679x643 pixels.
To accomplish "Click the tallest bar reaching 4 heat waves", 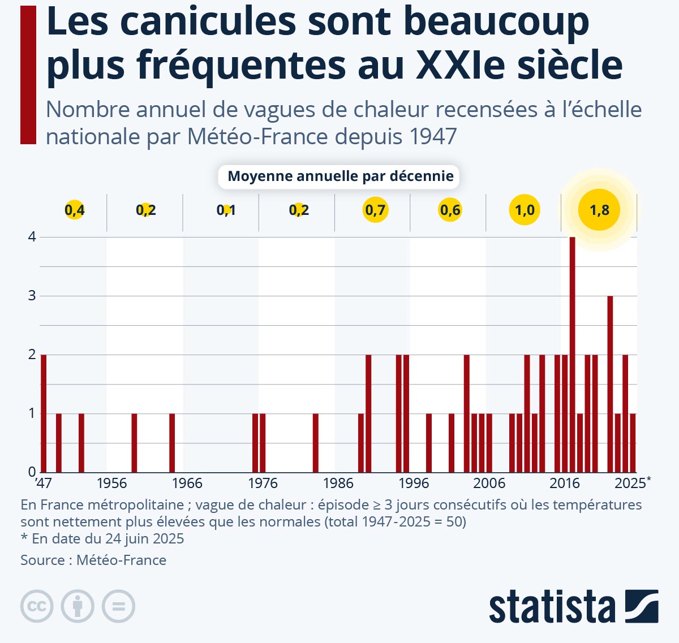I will (x=572, y=354).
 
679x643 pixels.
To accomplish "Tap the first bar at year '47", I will (x=44, y=413).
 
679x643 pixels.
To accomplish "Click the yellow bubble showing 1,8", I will (x=599, y=210).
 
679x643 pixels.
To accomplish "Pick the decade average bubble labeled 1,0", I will (x=525, y=210).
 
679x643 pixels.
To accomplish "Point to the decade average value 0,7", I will (x=375, y=210).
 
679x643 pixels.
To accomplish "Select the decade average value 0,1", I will (x=226, y=210).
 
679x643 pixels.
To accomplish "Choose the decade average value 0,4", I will (x=74, y=210).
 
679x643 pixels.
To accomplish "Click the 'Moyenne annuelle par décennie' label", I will (x=340, y=176).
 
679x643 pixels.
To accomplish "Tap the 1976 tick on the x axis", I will (x=263, y=484).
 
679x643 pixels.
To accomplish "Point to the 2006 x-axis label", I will (x=489, y=484).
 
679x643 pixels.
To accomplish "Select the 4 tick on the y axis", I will (x=32, y=237).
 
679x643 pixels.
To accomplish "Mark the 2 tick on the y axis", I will (x=32, y=355).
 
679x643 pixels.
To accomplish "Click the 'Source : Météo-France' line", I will (x=93, y=560).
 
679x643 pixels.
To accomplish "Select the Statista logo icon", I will (x=642, y=606).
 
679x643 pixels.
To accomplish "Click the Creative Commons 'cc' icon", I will (x=37, y=606).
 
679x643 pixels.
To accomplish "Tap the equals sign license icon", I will (x=118, y=606).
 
